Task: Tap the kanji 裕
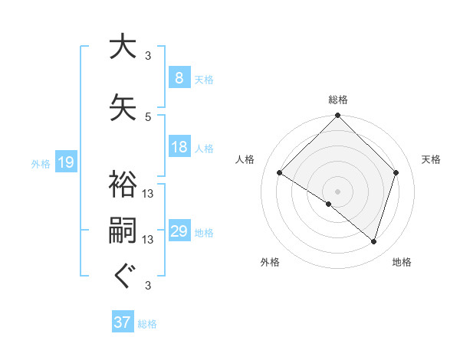[x=123, y=185]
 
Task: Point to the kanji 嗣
[x=123, y=232]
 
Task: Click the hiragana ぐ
[x=123, y=277]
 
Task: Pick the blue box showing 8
[x=179, y=78]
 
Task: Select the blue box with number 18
[x=179, y=147]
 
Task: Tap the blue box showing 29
[x=179, y=231]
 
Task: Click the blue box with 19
[x=65, y=162]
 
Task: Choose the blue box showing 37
[x=122, y=322]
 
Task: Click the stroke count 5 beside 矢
[x=148, y=116]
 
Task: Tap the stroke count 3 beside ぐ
[x=148, y=286]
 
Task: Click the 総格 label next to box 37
[x=148, y=324]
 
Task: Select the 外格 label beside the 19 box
[x=41, y=163]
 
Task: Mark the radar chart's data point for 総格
[x=337, y=116]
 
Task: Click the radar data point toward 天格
[x=396, y=172]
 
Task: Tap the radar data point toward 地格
[x=373, y=242]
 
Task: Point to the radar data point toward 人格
[x=280, y=173]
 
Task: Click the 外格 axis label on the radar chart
[x=270, y=262]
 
